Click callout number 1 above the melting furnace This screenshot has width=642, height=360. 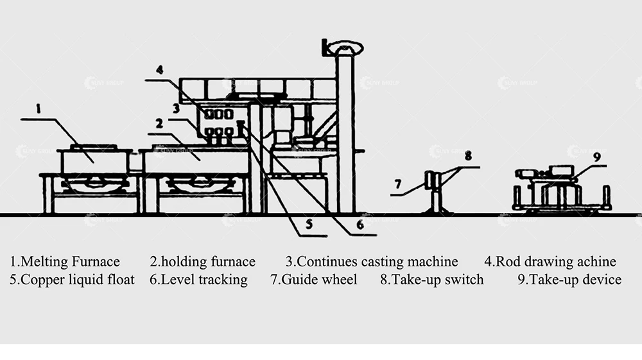click(38, 109)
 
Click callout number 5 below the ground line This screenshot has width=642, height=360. click(309, 225)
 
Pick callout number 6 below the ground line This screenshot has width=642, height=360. click(360, 225)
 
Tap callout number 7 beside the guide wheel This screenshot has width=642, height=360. click(398, 184)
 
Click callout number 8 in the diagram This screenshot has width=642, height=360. click(468, 155)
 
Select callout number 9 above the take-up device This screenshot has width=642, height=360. click(596, 156)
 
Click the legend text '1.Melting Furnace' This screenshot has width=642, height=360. click(65, 262)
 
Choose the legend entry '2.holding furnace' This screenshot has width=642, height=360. click(203, 262)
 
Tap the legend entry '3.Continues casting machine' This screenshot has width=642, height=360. click(372, 262)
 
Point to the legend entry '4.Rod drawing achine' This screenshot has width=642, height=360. click(550, 262)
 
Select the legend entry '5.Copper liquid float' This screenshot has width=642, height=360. click(72, 280)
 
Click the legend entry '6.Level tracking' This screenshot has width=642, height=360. click(198, 280)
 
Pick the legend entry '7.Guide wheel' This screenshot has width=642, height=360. click(314, 280)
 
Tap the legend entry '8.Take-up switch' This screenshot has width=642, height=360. click(431, 280)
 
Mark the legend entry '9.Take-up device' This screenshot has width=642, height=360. click(569, 280)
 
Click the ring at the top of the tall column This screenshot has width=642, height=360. click(345, 47)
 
